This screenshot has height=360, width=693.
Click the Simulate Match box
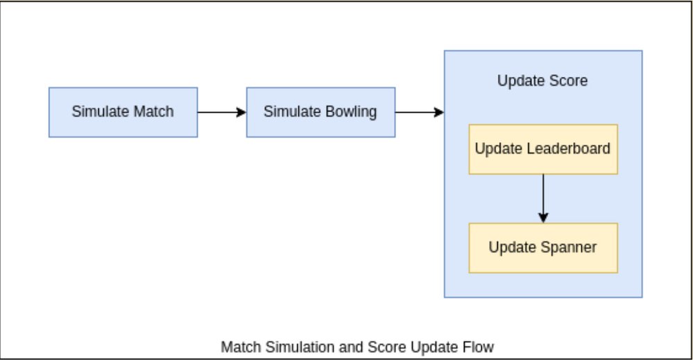[123, 112]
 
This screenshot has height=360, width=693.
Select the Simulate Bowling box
[320, 112]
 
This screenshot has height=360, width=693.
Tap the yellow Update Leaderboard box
[542, 149]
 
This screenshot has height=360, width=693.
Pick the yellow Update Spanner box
[542, 248]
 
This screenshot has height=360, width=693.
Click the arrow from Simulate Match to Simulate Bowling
[222, 112]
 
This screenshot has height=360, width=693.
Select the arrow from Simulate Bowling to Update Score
[420, 112]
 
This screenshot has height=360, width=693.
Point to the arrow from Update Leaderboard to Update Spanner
[543, 198]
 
